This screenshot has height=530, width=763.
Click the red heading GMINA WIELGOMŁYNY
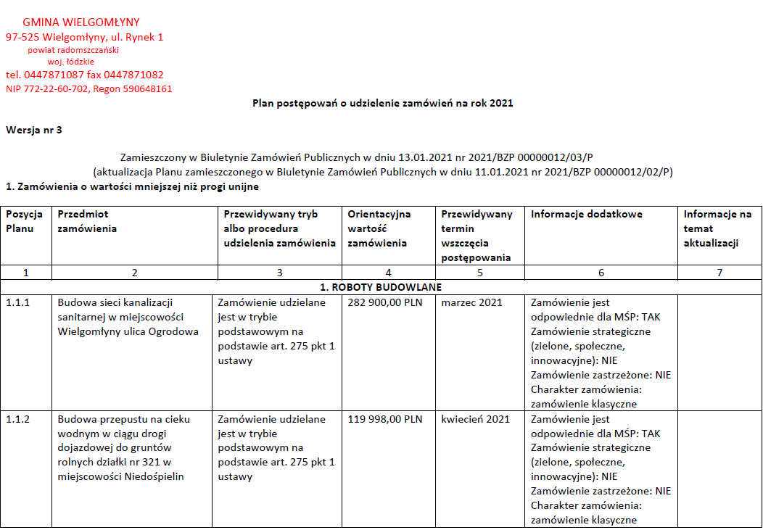(81, 22)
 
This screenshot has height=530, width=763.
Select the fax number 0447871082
(133, 75)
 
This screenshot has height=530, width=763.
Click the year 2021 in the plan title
(501, 103)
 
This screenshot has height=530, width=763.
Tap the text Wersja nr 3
(34, 131)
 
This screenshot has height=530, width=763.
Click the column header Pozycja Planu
(25, 221)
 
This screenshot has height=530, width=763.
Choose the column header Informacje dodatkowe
(587, 214)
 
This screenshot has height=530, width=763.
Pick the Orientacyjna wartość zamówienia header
(379, 228)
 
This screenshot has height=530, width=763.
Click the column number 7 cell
(719, 273)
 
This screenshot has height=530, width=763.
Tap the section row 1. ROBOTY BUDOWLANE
(381, 287)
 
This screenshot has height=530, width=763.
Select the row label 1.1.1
(19, 302)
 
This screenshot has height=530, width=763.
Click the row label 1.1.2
(19, 419)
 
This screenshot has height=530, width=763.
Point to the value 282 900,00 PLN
(384, 302)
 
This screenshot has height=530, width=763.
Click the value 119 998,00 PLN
(384, 419)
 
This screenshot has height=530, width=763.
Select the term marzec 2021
(471, 302)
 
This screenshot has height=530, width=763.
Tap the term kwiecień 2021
(475, 419)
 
